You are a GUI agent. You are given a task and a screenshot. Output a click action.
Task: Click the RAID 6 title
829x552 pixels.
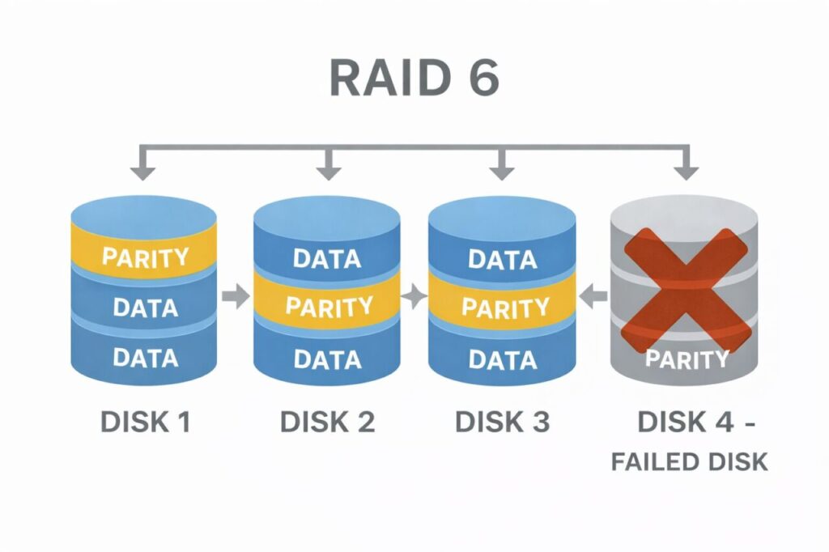tap(414, 79)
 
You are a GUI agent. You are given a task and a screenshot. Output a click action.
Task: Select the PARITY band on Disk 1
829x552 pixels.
tap(144, 257)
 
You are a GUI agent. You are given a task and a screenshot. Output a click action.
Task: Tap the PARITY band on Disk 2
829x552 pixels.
tap(327, 307)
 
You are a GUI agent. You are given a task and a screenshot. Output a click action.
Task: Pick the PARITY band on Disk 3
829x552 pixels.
tap(502, 308)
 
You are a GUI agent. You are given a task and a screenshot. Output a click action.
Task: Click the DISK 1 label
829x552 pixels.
tap(145, 421)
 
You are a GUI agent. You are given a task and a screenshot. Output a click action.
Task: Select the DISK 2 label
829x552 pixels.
tap(327, 421)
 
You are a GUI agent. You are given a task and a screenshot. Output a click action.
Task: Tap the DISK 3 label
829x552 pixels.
tap(502, 421)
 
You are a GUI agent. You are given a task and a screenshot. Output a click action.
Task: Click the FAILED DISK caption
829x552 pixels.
tap(689, 461)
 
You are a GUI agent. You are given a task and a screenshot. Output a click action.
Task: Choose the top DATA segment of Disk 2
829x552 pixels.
tap(327, 259)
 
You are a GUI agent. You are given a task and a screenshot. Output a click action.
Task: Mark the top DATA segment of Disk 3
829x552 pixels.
tap(502, 259)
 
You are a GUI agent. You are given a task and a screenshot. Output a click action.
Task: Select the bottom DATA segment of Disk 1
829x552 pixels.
tap(144, 357)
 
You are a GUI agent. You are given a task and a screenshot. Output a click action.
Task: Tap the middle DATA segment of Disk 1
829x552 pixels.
tap(144, 308)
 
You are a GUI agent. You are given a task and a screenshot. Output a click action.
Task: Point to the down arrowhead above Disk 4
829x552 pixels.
tap(687, 172)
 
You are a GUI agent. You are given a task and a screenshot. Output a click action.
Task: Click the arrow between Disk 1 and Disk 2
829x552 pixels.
tap(236, 297)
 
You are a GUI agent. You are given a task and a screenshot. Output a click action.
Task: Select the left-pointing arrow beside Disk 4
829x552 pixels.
tap(596, 297)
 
